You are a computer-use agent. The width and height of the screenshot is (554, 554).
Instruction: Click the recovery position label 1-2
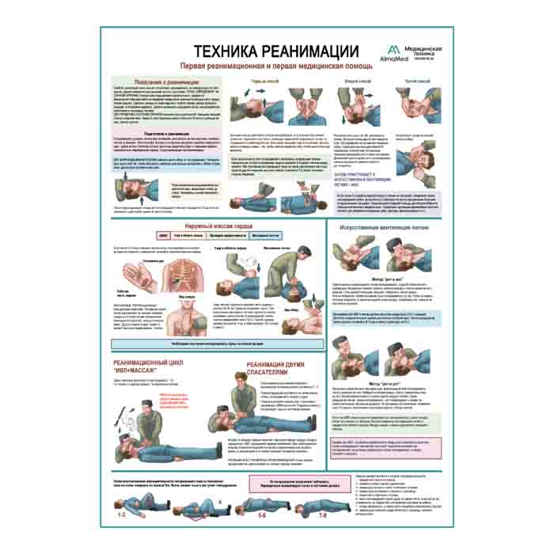122,515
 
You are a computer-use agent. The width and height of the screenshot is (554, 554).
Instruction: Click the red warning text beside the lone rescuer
173,401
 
